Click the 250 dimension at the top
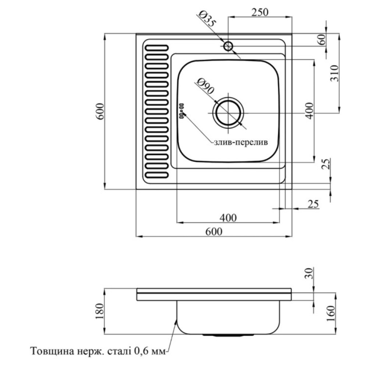(x=259, y=12)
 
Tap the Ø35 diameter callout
(x=207, y=20)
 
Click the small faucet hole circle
(x=228, y=46)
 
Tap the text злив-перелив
(x=241, y=142)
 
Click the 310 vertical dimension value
(x=335, y=73)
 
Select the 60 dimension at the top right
(x=322, y=39)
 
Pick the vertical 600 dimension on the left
(x=100, y=112)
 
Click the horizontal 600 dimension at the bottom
(x=214, y=232)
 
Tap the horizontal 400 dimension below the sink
(x=228, y=218)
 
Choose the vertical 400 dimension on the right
(x=310, y=111)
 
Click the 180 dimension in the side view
(x=99, y=311)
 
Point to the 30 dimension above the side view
(x=309, y=273)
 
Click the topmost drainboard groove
(x=157, y=48)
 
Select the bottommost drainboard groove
(x=157, y=175)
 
